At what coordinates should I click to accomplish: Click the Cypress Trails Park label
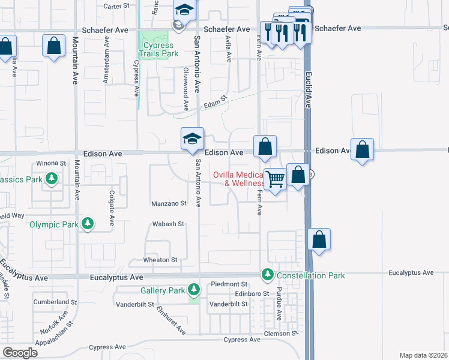159,49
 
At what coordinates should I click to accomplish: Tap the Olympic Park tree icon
88,224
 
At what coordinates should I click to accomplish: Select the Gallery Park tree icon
193,290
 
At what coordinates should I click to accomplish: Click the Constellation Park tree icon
267,275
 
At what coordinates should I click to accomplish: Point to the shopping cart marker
275,178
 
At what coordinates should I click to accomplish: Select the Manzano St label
168,203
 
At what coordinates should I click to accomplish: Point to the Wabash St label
167,224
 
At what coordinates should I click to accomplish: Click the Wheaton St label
160,260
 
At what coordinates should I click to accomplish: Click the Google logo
20,352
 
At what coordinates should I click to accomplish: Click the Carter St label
116,6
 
